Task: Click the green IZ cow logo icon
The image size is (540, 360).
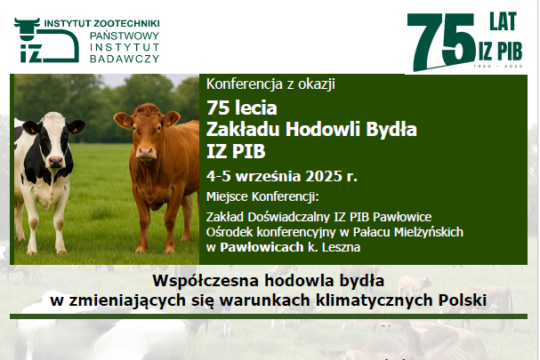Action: pyautogui.click(x=46, y=40)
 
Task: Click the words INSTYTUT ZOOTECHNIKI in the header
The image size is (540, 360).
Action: pyautogui.click(x=102, y=23)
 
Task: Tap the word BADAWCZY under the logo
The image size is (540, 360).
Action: pyautogui.click(x=125, y=59)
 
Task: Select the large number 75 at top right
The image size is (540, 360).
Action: pyautogui.click(x=441, y=41)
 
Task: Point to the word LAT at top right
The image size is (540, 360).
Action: pyautogui.click(x=504, y=21)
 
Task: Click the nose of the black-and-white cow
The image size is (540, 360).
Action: pyautogui.click(x=56, y=161)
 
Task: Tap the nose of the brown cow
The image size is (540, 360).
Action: pyautogui.click(x=146, y=152)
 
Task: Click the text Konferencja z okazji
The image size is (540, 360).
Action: pyautogui.click(x=270, y=84)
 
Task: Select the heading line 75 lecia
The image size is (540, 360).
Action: pyautogui.click(x=242, y=108)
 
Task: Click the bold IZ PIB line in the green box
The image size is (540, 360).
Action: pyautogui.click(x=236, y=151)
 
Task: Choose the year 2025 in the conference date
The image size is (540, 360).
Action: pyautogui.click(x=323, y=176)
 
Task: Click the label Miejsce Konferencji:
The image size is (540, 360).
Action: pyautogui.click(x=262, y=196)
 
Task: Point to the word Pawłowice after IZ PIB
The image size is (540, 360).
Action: pyautogui.click(x=402, y=217)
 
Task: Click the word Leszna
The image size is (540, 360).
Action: pyautogui.click(x=341, y=247)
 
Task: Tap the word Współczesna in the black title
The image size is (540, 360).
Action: pyautogui.click(x=206, y=281)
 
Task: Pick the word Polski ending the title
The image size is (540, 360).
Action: pyautogui.click(x=463, y=300)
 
